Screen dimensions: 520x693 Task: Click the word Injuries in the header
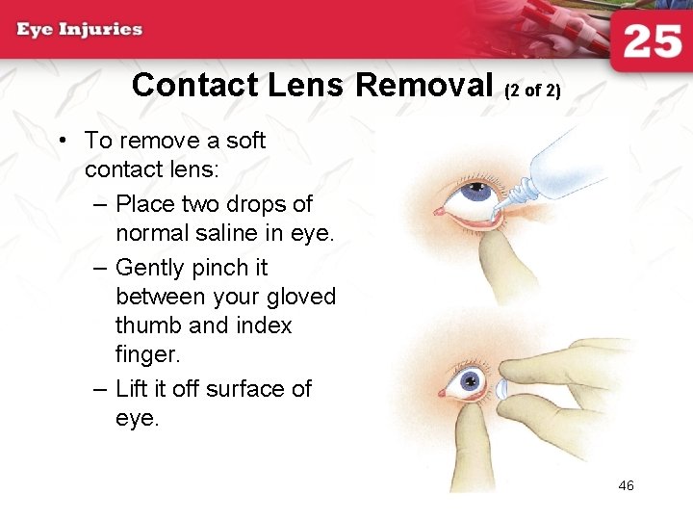(100, 29)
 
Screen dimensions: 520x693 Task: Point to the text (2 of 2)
(532, 91)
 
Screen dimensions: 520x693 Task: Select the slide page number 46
(626, 485)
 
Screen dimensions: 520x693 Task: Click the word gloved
(299, 297)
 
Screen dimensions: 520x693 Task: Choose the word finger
(147, 354)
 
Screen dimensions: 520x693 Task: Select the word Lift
(134, 388)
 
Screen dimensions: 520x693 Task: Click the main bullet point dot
(62, 142)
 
